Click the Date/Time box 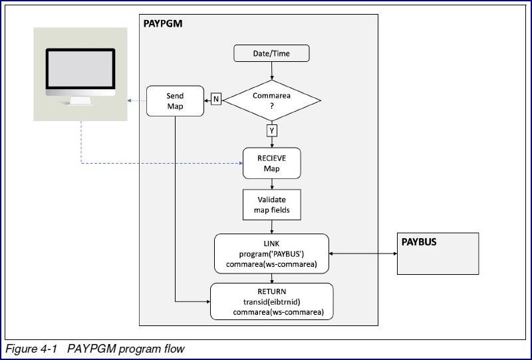pyautogui.click(x=271, y=53)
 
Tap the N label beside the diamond pyautogui.click(x=216, y=100)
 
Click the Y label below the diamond pyautogui.click(x=272, y=130)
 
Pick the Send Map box pyautogui.click(x=174, y=101)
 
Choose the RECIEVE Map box pyautogui.click(x=271, y=163)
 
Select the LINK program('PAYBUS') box pyautogui.click(x=271, y=253)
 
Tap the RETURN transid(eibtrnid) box pyautogui.click(x=271, y=301)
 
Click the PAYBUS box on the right pyautogui.click(x=438, y=254)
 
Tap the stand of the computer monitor pyautogui.click(x=80, y=101)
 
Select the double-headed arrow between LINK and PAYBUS pyautogui.click(x=363, y=253)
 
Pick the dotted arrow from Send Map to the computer pyautogui.click(x=136, y=101)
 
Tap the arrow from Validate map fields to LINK pyautogui.click(x=271, y=228)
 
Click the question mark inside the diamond pyautogui.click(x=271, y=106)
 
